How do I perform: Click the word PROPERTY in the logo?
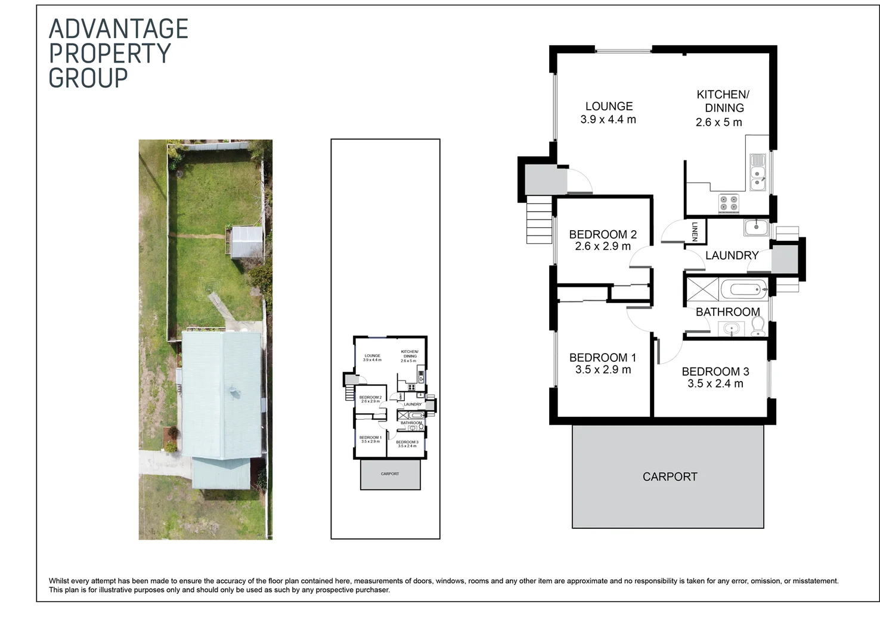[x=110, y=54]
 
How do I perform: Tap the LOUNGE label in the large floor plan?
[x=609, y=106]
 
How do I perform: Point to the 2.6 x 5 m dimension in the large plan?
[x=718, y=122]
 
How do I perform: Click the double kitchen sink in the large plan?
[x=758, y=172]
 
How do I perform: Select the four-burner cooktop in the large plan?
[x=729, y=203]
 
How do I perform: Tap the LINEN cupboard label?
[x=695, y=231]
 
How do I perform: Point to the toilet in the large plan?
[x=758, y=326]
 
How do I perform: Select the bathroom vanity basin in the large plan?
[x=731, y=328]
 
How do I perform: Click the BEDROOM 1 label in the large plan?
[x=602, y=358]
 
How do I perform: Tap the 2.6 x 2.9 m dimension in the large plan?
[x=602, y=246]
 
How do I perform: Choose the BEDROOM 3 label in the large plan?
[x=715, y=371]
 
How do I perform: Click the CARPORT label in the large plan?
[x=670, y=476]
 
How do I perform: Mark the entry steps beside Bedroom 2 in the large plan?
[x=539, y=220]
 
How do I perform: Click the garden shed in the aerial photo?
[x=246, y=242]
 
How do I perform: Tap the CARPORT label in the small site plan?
[x=390, y=474]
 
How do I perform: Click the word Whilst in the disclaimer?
[x=59, y=581]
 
